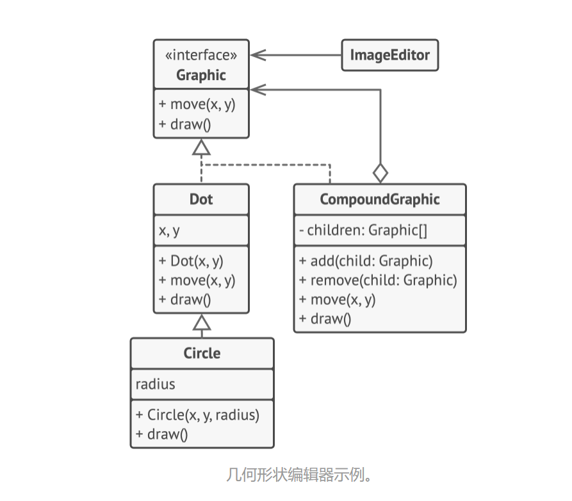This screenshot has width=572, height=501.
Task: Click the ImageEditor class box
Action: pyautogui.click(x=389, y=55)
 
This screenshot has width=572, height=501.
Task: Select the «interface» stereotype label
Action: pyautogui.click(x=200, y=55)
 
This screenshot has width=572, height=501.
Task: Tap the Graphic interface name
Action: pyautogui.click(x=200, y=75)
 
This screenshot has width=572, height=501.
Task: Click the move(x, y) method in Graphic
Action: pyautogui.click(x=197, y=104)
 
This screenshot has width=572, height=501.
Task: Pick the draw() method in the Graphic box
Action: pyautogui.click(x=185, y=124)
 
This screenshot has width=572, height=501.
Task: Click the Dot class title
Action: pyautogui.click(x=200, y=199)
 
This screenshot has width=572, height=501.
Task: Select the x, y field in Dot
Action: pyautogui.click(x=170, y=231)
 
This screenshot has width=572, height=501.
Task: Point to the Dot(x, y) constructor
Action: pyautogui.click(x=191, y=261)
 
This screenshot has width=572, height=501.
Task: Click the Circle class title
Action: pyautogui.click(x=202, y=353)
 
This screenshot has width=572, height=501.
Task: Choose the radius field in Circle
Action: pyautogui.click(x=155, y=384)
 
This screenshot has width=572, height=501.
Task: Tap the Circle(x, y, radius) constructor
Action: pyautogui.click(x=197, y=415)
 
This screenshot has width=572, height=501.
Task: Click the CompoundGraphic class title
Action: pyautogui.click(x=379, y=199)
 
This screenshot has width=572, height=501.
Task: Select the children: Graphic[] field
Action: pyautogui.click(x=363, y=231)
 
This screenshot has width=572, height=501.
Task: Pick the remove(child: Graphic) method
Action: pyautogui.click(x=378, y=280)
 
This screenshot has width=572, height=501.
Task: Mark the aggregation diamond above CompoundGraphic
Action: pyautogui.click(x=380, y=172)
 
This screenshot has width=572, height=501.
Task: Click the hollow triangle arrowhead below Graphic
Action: pyautogui.click(x=201, y=147)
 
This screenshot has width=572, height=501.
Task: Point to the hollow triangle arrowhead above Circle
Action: pyautogui.click(x=202, y=322)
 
